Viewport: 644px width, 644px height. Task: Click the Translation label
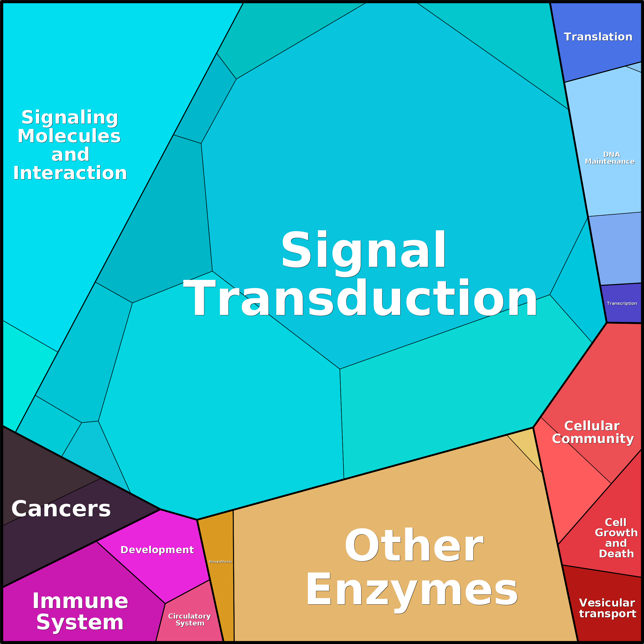coord(598,37)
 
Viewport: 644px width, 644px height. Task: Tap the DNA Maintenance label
coord(610,158)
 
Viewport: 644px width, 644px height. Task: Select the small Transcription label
coord(622,303)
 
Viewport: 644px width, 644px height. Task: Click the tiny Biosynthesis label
coord(220,562)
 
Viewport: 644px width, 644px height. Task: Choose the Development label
coord(157,550)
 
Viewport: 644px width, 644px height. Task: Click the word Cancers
coord(61,509)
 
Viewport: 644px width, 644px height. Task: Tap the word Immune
coord(80,601)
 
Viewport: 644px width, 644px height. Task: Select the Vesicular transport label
coord(607,608)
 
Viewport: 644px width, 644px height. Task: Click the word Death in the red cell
coord(616,554)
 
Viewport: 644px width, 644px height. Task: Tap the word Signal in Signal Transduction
coord(363,250)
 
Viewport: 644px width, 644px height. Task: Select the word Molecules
coord(69,136)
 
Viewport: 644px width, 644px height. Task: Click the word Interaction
coord(70,173)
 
